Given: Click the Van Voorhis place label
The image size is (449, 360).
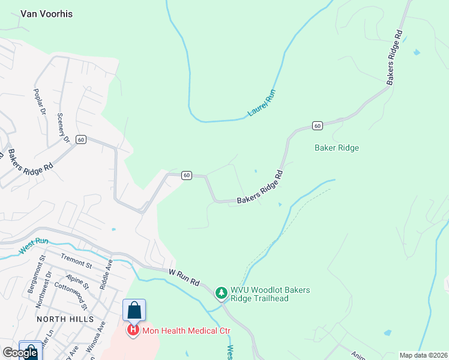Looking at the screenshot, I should [x=46, y=14].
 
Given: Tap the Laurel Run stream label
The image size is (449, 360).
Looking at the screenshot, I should [x=261, y=103].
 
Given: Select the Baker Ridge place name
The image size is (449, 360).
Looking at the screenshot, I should [x=337, y=148].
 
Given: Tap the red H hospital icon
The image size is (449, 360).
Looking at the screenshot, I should [x=132, y=329].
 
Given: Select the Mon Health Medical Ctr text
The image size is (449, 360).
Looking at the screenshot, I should [x=185, y=330].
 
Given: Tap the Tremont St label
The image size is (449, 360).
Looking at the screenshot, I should [x=76, y=262].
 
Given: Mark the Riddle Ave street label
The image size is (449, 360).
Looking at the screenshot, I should [x=109, y=272].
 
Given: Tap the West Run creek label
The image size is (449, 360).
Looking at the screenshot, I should [x=34, y=246].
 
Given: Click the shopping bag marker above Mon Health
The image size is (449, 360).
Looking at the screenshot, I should [x=134, y=310].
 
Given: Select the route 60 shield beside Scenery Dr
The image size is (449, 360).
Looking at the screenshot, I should [x=82, y=139].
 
